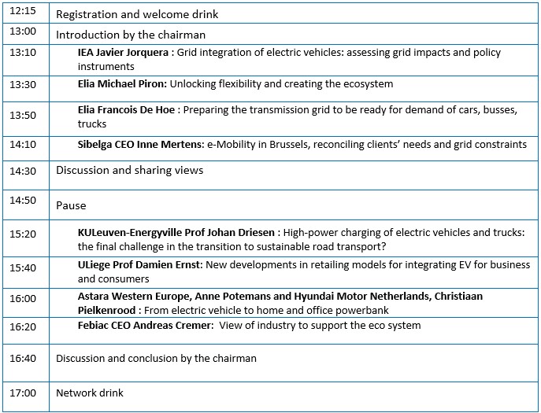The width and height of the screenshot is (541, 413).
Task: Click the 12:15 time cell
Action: pyautogui.click(x=23, y=13)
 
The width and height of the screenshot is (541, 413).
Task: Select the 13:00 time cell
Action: pyautogui.click(x=23, y=31)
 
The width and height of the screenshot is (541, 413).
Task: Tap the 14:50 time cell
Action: pyautogui.click(x=23, y=201)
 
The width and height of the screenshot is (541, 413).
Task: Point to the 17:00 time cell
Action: pyautogui.click(x=23, y=393)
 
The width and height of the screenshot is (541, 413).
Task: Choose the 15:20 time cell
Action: pyautogui.click(x=23, y=234)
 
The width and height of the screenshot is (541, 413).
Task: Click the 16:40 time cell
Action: pyautogui.click(x=23, y=358)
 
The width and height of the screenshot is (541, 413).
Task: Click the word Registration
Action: pyautogui.click(x=87, y=14)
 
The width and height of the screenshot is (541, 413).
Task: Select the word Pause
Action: pyautogui.click(x=71, y=205)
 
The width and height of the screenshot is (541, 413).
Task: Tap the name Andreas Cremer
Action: pyautogui.click(x=170, y=325)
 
